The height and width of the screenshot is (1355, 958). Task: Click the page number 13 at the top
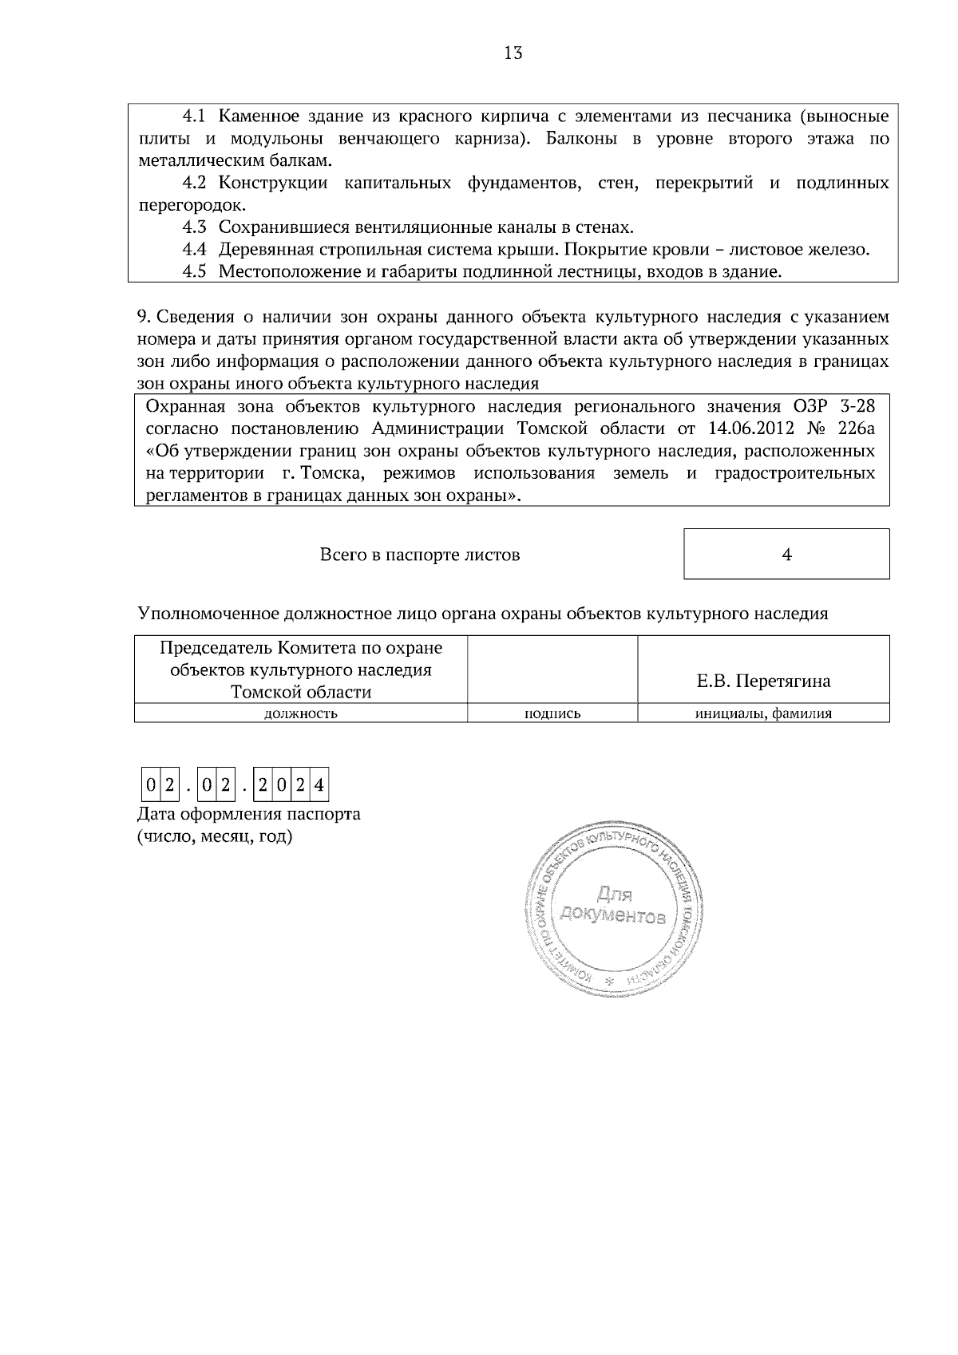(513, 53)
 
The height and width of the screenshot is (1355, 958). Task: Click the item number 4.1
(194, 117)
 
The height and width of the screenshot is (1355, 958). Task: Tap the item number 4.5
(194, 272)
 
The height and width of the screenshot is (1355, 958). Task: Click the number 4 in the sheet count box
(786, 555)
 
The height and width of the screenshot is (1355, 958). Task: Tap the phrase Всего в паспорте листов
(420, 555)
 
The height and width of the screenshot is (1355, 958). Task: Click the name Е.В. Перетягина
(763, 681)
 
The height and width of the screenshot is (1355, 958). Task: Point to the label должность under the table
(300, 714)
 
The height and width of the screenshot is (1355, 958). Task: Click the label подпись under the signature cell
(552, 714)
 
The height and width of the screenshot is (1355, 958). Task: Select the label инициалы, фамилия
(763, 714)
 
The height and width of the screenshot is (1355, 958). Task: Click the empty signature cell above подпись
(552, 670)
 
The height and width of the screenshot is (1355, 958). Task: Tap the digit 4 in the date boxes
(319, 785)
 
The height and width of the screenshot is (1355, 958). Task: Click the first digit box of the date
(150, 785)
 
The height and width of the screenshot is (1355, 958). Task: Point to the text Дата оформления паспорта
(248, 815)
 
